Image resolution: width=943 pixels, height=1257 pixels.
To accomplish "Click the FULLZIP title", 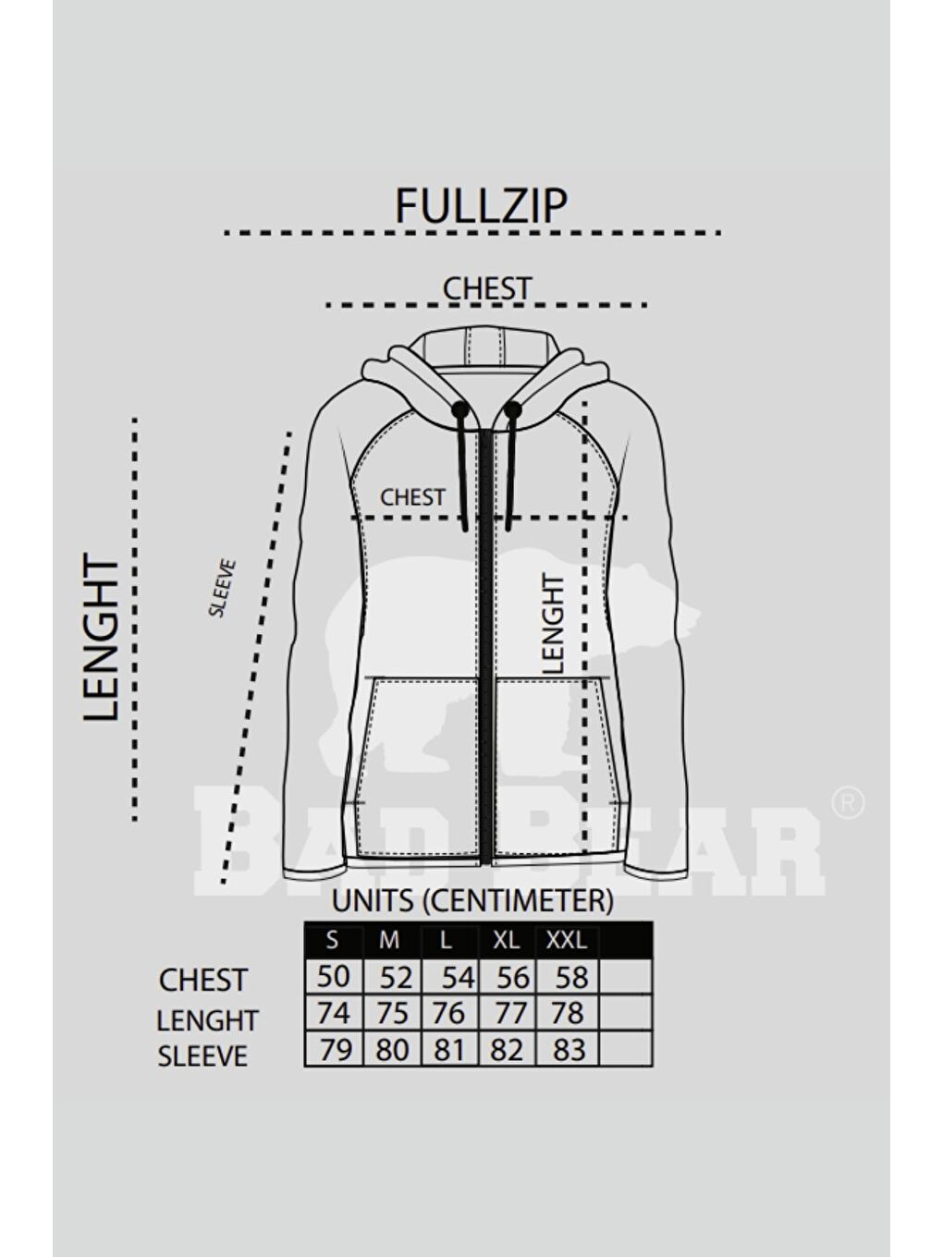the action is pos(481,205).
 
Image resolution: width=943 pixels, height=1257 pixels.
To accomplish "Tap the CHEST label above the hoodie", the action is pos(487,288).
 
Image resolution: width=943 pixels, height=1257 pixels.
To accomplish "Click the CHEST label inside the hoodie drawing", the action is pos(412,497).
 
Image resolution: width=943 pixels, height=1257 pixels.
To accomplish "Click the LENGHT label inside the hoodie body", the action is pos(553,624).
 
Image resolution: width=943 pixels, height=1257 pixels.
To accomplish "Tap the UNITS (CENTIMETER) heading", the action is pos(472,901).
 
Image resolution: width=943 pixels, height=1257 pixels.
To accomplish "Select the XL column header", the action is pos(506,940).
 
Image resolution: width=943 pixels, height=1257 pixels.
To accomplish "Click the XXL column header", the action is pos(566,940).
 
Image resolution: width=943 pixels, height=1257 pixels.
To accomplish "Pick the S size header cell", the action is pos(332,940).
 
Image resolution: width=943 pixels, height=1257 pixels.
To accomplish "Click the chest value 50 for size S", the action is pos(333,976).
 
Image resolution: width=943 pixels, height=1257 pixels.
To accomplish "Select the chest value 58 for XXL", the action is pos(571,977).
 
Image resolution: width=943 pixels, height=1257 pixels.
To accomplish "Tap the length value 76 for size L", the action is pos(449,1013).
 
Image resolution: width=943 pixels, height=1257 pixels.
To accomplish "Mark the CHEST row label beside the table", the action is pos(203,980).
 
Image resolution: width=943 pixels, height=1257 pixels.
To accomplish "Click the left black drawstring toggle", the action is pos(461,409).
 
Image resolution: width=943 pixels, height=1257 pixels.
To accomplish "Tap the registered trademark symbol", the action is pos(848,803).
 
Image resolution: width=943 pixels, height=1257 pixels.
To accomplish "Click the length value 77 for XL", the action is pos(510,1013).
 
